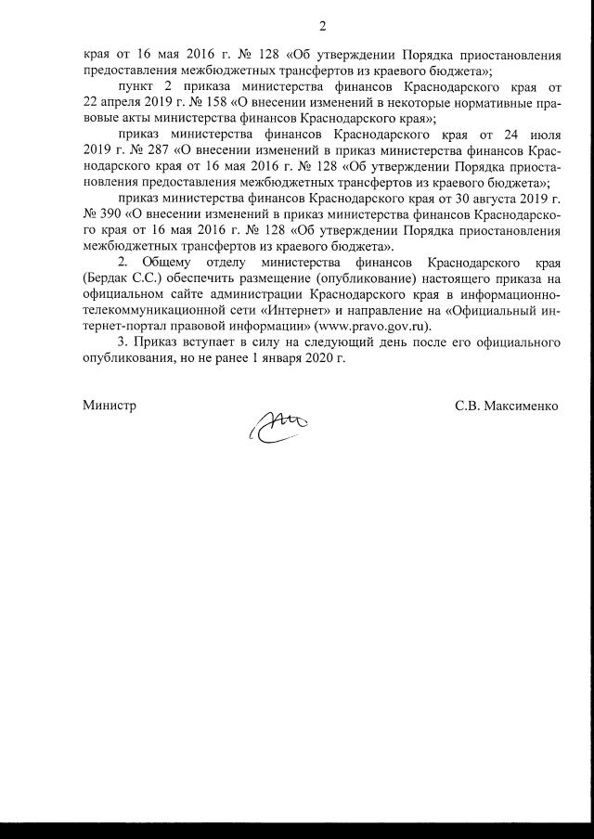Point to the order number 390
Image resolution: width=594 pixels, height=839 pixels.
pos(108,213)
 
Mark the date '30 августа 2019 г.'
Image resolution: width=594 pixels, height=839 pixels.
pos(505,197)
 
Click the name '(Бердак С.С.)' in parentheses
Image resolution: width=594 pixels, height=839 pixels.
pos(123,278)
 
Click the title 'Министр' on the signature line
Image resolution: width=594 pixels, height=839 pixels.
pos(109,406)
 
